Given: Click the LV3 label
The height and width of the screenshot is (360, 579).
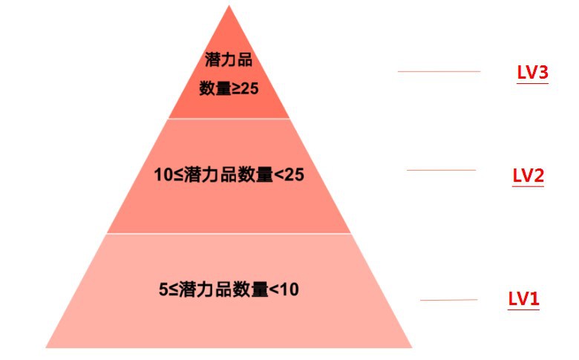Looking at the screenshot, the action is pos(532,73).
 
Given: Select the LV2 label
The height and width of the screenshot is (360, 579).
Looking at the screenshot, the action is pos(528,175).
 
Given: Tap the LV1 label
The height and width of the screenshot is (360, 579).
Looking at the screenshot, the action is pos(523,298).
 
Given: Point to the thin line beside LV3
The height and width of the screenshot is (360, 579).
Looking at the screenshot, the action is pos(439,71).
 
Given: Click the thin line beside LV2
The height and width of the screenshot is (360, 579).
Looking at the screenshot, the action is pos(441,170).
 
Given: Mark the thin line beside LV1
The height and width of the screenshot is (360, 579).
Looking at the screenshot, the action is pos(448,300).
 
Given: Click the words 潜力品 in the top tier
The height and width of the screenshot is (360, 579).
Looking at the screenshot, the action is pos(229,60).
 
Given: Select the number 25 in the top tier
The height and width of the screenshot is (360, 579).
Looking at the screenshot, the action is pos(249,88).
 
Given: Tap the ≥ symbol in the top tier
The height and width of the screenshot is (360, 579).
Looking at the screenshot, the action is pos(235,89).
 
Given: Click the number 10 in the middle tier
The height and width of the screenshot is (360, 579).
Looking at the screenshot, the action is pos(163,174).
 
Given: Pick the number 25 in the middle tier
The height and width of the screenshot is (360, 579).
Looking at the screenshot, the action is pos(294,174).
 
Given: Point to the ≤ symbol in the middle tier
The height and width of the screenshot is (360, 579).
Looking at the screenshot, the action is pos(178,175).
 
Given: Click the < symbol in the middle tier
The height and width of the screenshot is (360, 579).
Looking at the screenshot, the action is pos(279,175).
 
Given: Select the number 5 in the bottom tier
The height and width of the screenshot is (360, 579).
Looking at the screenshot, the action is pos(163,289).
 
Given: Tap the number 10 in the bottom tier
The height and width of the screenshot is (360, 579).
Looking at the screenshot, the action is pos(289,289).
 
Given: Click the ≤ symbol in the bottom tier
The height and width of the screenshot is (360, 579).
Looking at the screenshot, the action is pos(174,289).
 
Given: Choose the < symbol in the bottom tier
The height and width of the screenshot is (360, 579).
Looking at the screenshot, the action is pos(274,289).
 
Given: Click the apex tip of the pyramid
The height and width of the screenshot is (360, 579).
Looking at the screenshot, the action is pos(229,5).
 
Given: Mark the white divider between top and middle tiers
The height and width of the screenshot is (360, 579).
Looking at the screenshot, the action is pos(229,119).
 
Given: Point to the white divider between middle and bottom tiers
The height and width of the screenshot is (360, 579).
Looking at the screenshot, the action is pos(229,233).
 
